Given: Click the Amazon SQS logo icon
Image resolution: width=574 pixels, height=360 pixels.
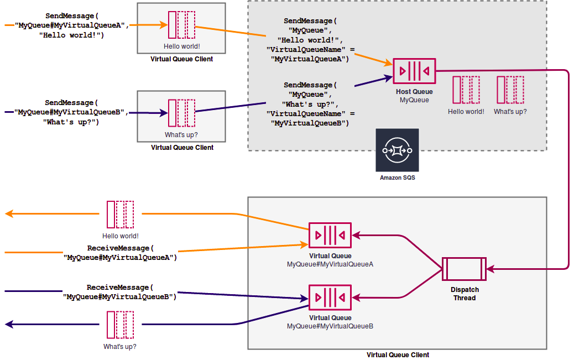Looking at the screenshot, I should pyautogui.click(x=397, y=150).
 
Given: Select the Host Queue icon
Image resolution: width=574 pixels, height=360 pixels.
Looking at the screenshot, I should pyautogui.click(x=414, y=71).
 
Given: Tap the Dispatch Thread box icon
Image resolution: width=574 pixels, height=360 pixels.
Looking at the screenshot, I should pyautogui.click(x=464, y=269).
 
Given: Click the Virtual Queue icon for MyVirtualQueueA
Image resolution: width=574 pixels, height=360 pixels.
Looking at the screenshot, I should pyautogui.click(x=330, y=236).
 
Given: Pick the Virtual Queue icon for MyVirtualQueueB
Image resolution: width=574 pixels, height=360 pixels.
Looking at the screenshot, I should pyautogui.click(x=330, y=298).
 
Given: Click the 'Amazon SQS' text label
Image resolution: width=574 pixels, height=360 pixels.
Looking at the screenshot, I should pyautogui.click(x=397, y=178).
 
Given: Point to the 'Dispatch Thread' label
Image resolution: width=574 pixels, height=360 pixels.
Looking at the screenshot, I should pyautogui.click(x=465, y=294).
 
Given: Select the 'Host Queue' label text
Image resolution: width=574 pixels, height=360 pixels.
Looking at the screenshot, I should pyautogui.click(x=414, y=92).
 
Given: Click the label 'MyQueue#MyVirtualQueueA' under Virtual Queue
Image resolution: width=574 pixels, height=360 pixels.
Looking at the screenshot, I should pyautogui.click(x=330, y=264).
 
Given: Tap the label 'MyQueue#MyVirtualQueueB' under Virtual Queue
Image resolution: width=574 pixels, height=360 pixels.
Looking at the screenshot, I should pyautogui.click(x=330, y=326).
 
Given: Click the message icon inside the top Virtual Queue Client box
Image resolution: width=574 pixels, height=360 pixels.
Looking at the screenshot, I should pyautogui.click(x=182, y=25).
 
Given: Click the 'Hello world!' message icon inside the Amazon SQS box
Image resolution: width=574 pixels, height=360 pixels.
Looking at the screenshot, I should pyautogui.click(x=466, y=90).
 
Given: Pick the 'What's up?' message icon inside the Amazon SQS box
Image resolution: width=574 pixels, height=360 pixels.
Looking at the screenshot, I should pyautogui.click(x=510, y=90).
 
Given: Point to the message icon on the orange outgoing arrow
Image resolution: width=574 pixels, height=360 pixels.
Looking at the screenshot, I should pyautogui.click(x=121, y=215).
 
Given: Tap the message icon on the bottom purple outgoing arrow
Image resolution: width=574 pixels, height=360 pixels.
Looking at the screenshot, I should pyautogui.click(x=120, y=325).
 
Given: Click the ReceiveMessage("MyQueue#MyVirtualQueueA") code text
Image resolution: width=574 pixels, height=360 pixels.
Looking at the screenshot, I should pyautogui.click(x=120, y=253).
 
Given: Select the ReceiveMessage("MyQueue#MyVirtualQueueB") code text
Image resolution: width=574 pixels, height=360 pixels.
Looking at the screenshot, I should pyautogui.click(x=120, y=292).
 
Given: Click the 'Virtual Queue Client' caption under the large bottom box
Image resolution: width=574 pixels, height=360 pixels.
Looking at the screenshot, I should pyautogui.click(x=398, y=355).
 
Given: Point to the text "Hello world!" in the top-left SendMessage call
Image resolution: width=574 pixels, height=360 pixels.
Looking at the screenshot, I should pyautogui.click(x=72, y=35).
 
